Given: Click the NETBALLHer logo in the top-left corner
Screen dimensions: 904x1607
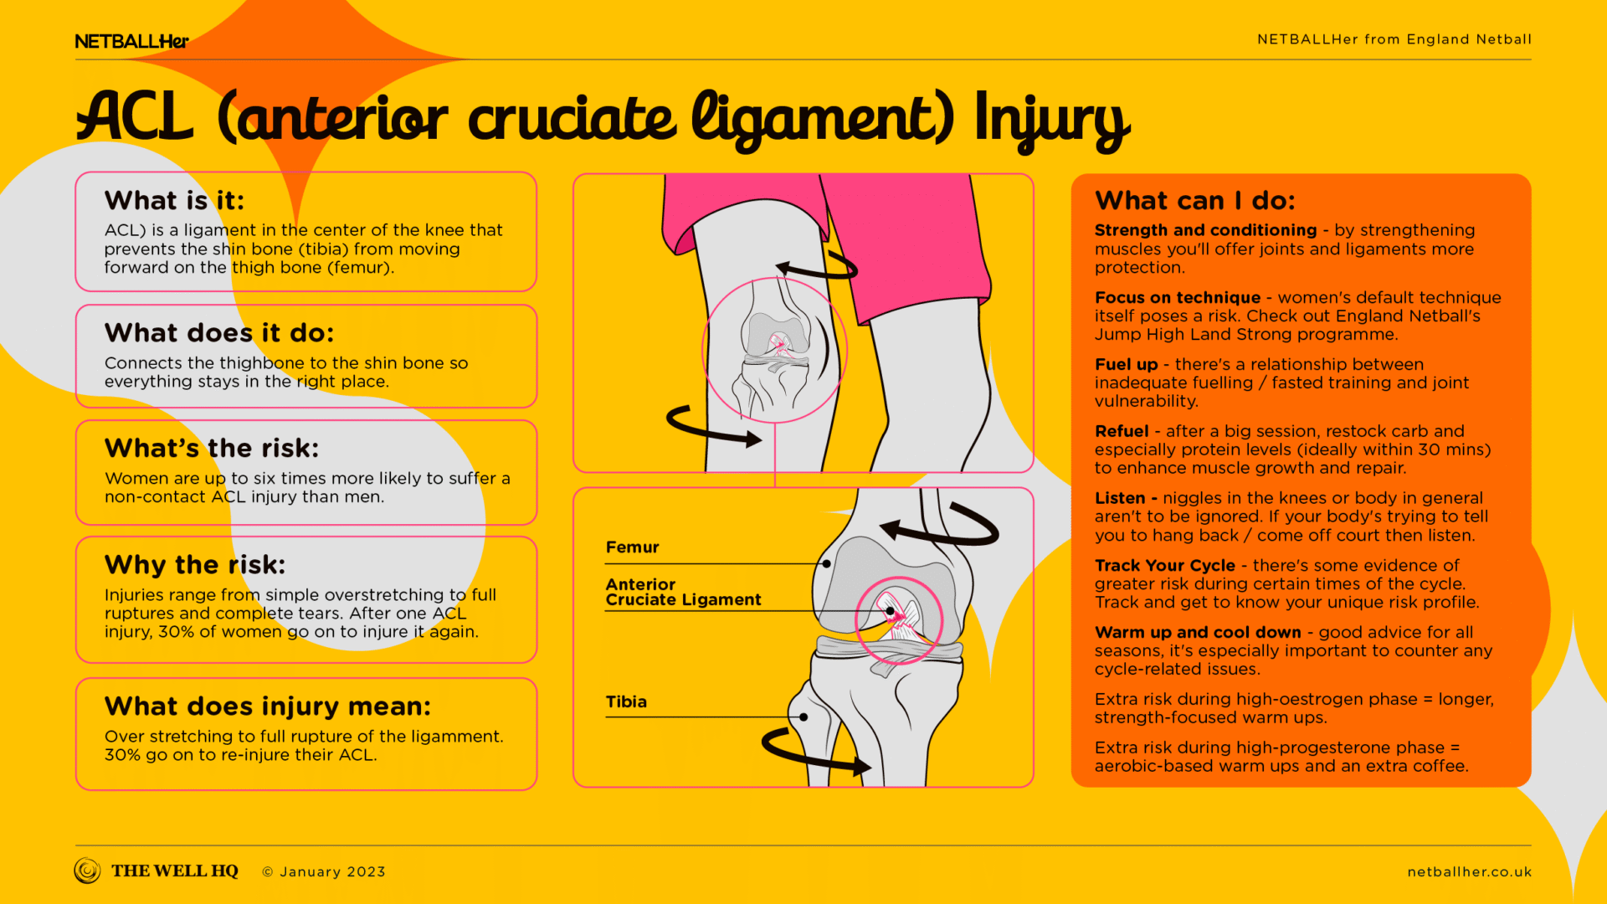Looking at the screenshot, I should (x=131, y=41).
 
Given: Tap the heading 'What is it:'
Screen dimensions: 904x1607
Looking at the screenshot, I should (x=174, y=201).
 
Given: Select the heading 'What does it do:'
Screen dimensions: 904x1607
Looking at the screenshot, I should (x=219, y=333).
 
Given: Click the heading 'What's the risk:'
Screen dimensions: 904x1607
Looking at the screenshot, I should (x=212, y=449).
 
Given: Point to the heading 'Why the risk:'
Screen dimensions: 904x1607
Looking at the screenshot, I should (x=195, y=565).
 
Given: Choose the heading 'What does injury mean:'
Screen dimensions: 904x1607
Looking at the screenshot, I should (x=268, y=706).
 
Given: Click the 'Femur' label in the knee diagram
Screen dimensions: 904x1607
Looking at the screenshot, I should (x=632, y=547).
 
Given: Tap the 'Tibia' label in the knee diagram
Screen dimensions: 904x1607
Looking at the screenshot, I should (x=626, y=702).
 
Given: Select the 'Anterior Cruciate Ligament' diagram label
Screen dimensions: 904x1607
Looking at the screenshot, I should (x=683, y=592).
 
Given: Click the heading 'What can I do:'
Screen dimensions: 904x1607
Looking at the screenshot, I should (x=1195, y=201).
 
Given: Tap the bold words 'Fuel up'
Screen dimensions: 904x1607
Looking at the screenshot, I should (x=1126, y=364).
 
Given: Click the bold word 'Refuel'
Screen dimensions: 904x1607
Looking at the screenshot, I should (x=1122, y=431).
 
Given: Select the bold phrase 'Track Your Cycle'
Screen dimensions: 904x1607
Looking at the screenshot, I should (x=1164, y=566).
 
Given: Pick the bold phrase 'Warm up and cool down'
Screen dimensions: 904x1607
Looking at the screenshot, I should (x=1198, y=633).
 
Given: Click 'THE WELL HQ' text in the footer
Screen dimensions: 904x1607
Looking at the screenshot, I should (x=174, y=871).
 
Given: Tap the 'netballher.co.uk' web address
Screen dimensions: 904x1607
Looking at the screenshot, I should (x=1469, y=872).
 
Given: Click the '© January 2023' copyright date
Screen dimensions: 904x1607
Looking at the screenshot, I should (x=324, y=872).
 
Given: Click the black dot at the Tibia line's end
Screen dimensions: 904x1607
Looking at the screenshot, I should (x=803, y=717).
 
